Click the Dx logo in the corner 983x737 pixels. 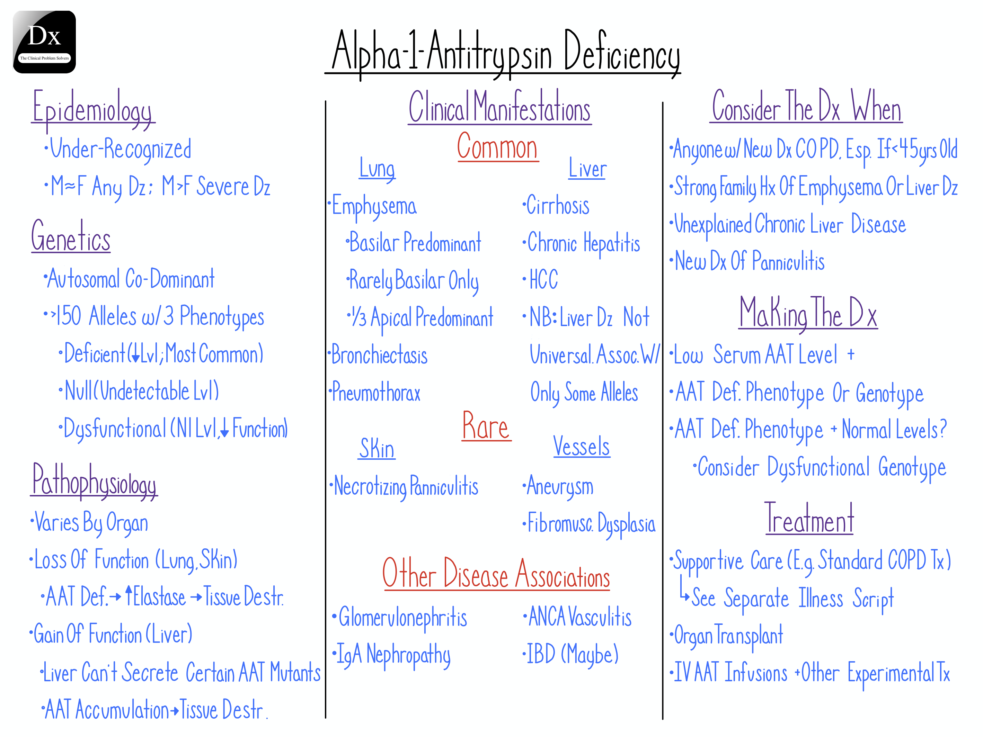(44, 42)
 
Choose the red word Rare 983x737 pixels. (486, 426)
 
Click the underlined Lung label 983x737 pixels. (377, 169)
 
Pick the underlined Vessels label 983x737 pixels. (581, 447)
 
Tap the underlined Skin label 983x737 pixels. (377, 449)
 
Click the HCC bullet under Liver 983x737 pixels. (543, 280)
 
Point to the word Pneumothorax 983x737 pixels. (376, 393)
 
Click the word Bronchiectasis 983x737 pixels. (379, 356)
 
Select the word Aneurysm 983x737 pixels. (560, 486)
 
